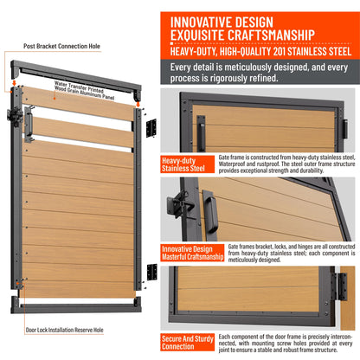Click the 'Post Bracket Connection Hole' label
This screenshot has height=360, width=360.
[x=61, y=46]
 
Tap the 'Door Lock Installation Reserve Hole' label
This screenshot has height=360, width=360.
[x=65, y=330]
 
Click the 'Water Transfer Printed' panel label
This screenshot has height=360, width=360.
[x=79, y=87]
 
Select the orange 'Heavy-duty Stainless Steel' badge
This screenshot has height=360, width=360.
[x=188, y=164]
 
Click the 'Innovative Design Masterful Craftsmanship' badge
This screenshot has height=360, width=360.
[x=192, y=253]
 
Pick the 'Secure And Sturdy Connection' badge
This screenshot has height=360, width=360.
[x=188, y=343]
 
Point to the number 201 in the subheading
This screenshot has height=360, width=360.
[x=279, y=51]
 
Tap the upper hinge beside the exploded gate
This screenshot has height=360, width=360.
[x=151, y=128]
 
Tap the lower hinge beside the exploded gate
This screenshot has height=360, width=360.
[x=152, y=272]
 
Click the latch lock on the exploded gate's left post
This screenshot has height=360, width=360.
[x=15, y=117]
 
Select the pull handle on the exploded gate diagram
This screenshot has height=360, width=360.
[x=29, y=125]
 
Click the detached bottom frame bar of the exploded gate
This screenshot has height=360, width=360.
[x=76, y=305]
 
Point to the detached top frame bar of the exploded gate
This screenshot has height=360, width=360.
[x=76, y=79]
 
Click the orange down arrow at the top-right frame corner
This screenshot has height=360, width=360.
[x=138, y=103]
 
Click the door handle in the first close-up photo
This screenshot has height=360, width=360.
[x=201, y=133]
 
